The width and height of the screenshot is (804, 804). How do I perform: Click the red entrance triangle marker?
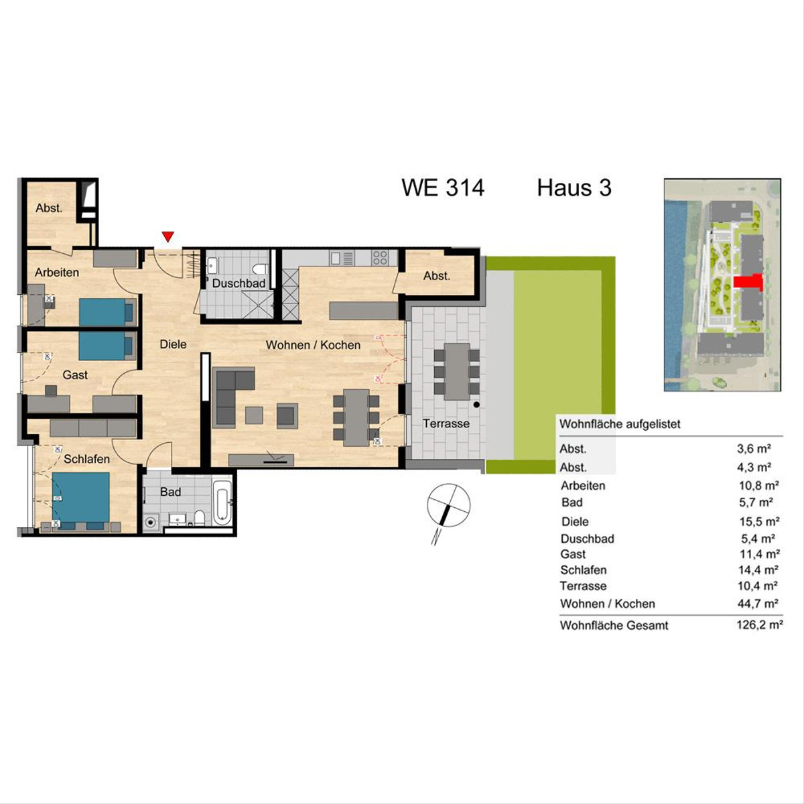[x=167, y=237]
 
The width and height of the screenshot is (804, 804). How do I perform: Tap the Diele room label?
[x=173, y=344]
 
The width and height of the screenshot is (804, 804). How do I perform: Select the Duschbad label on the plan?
[x=239, y=283]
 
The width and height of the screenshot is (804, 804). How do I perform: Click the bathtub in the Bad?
[x=222, y=504]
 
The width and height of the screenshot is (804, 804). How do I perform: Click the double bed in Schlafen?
[x=81, y=500]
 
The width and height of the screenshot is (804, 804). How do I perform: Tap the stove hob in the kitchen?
[x=380, y=257]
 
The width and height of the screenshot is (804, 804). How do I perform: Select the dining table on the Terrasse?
[x=457, y=371]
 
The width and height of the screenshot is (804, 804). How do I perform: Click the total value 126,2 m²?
[x=759, y=625]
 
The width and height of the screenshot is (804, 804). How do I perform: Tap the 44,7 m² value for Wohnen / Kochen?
[x=758, y=603]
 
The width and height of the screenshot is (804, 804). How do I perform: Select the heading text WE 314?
[x=443, y=188]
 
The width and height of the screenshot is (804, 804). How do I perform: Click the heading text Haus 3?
[x=574, y=188]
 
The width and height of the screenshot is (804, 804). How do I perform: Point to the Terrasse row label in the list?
[x=584, y=586]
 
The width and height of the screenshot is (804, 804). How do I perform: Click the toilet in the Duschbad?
[x=262, y=269]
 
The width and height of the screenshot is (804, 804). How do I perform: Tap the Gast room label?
[x=75, y=375]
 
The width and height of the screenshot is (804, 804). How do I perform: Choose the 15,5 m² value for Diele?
[x=759, y=521]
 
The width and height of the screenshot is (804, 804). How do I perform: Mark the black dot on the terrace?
[x=476, y=404]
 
